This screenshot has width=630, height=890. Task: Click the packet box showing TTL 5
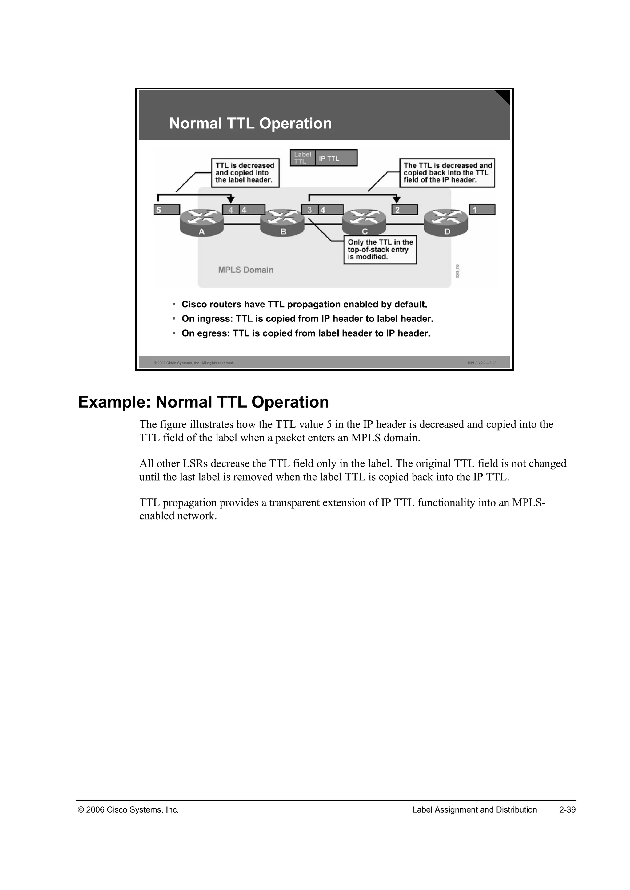point(167,210)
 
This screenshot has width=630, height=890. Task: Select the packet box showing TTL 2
point(405,210)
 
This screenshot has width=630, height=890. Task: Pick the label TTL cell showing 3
point(309,210)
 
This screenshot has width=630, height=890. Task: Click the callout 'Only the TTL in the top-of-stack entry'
point(380,250)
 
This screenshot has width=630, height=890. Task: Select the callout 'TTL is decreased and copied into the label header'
point(245,173)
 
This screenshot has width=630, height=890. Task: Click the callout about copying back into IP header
point(447,173)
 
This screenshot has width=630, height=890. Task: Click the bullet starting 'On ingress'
point(307,319)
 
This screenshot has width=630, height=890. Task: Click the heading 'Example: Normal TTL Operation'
point(203,402)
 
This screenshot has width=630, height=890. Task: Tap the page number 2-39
point(567,810)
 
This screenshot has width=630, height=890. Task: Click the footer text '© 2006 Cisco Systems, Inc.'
point(128,810)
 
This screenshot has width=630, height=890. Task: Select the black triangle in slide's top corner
point(504,96)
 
